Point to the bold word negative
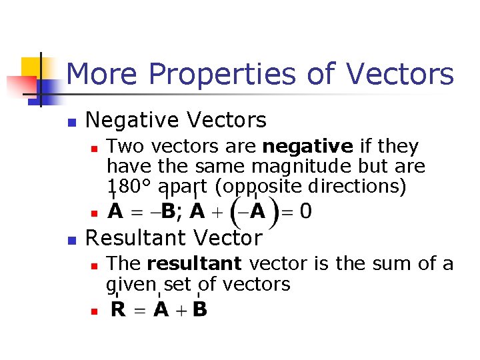coord(307,147)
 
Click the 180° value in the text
coord(129,187)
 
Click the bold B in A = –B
coord(167,212)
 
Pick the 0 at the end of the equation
coord(305,212)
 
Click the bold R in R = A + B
coord(118,310)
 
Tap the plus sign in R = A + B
coord(180,311)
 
